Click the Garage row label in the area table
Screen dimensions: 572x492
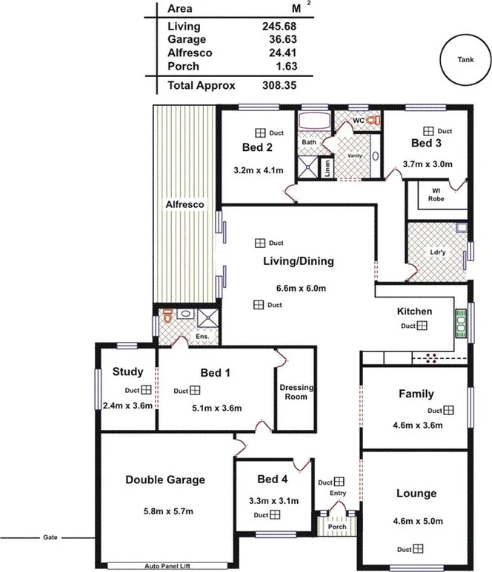(x=187, y=39)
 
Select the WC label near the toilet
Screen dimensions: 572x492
(x=357, y=119)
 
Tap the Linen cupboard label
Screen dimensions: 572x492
(x=326, y=167)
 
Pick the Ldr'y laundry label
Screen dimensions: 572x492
(x=438, y=252)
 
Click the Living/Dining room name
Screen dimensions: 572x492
(x=299, y=260)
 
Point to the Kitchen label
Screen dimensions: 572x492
(x=414, y=311)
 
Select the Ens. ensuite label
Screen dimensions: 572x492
(x=202, y=337)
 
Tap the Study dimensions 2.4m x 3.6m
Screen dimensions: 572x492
(x=127, y=406)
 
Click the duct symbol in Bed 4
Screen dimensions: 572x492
(x=274, y=515)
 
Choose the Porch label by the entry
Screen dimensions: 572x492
(x=337, y=528)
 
